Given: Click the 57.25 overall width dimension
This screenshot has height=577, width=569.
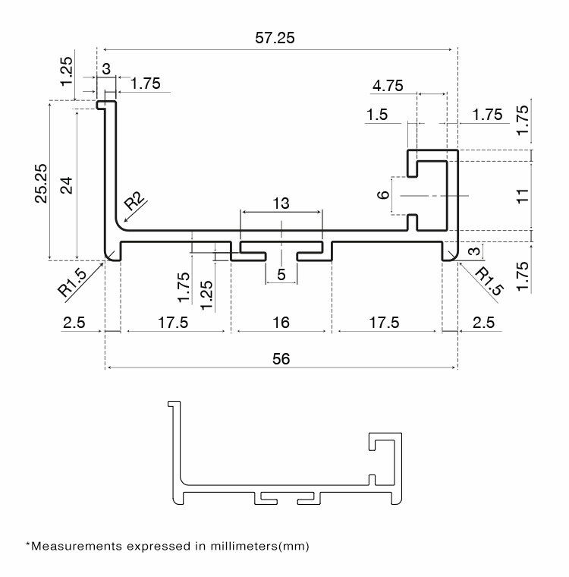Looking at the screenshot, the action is (275, 38).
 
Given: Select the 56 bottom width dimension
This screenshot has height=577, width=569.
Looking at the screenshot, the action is (281, 359).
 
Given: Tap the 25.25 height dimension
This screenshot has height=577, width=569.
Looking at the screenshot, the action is (41, 183).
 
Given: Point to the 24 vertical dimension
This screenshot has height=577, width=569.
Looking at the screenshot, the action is (67, 185).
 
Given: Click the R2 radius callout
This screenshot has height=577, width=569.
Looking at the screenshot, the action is (134, 201).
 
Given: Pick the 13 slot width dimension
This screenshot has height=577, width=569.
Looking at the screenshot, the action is (281, 203).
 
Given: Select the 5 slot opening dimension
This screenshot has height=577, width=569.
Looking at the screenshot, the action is (281, 275).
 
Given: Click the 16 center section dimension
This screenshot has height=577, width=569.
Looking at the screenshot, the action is (281, 323).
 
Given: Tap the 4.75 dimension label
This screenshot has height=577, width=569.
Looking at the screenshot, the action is (388, 86).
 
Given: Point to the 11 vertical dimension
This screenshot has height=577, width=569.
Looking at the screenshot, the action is (522, 196).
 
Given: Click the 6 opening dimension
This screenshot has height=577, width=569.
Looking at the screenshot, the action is (383, 194).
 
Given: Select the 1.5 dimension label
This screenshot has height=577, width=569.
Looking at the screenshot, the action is (377, 115).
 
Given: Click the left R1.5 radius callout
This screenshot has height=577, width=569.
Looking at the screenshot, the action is (73, 282).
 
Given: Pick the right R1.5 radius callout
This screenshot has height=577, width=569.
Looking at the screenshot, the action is (489, 282).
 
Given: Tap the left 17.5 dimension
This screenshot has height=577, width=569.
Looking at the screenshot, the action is (173, 323).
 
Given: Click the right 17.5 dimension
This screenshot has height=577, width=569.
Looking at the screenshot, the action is (384, 323).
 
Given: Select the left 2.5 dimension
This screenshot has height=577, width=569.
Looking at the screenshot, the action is (74, 323).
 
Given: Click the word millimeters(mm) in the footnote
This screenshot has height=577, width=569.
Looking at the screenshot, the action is (259, 546).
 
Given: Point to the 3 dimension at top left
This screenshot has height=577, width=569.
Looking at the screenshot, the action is (106, 69).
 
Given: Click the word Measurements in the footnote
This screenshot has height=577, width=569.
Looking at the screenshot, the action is (77, 546).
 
